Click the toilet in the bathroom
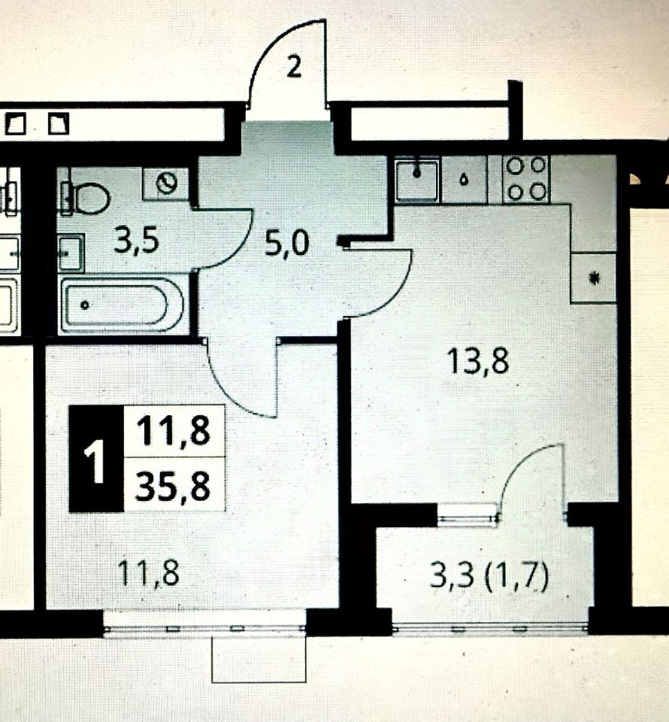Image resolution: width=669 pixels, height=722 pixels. [x=89, y=198]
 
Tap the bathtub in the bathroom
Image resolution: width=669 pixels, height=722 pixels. [x=122, y=305]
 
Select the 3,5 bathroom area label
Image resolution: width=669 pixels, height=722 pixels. [x=138, y=242]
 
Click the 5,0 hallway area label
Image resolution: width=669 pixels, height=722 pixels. [x=287, y=243]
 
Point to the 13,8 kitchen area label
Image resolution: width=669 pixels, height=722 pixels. [x=478, y=362]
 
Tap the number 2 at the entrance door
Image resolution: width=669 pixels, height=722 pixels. [x=294, y=68]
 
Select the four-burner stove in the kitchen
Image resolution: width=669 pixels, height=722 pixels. [x=526, y=178]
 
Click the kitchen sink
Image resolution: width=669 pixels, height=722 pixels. [x=417, y=179]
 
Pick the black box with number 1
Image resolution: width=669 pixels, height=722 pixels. [x=95, y=458]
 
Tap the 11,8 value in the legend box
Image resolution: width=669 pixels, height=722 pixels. [x=173, y=432]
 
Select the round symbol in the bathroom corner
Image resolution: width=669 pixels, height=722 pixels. [x=166, y=183]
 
